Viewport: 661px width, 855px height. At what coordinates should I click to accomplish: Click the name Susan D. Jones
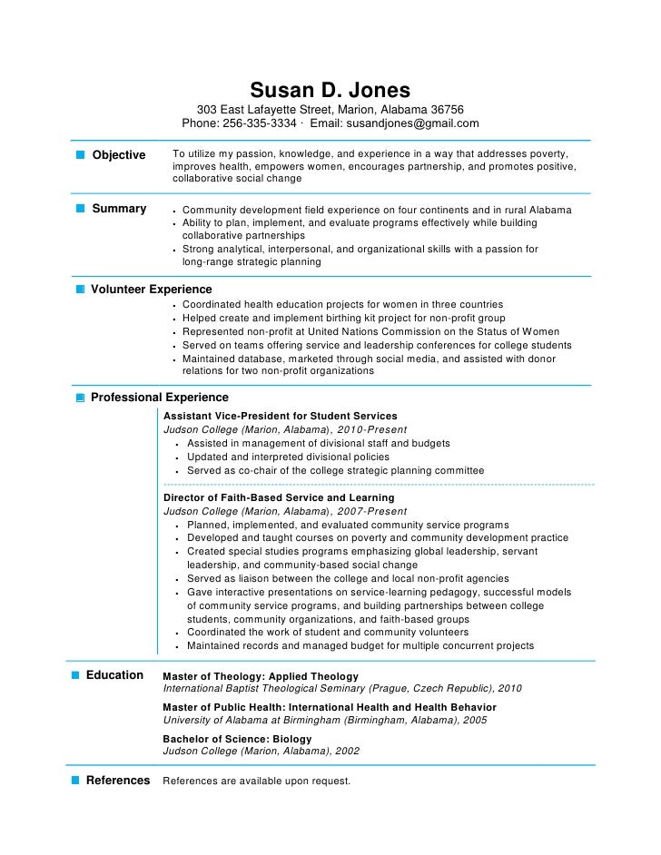coord(330,91)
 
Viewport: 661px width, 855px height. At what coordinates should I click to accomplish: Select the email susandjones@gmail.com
coord(410,123)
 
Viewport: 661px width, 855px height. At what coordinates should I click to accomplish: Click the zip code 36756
coord(447,109)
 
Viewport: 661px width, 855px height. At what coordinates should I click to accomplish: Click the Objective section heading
coord(119,155)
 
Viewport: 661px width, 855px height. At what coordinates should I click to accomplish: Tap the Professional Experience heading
coord(159,398)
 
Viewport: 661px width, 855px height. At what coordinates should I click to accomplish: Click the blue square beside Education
coord(75,675)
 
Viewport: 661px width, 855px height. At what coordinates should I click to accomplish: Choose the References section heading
coord(118,781)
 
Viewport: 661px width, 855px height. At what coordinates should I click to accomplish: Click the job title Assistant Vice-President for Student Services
coord(280,416)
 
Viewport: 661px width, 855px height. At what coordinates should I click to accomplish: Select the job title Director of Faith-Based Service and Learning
coord(278,497)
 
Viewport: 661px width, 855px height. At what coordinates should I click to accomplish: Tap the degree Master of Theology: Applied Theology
coord(261,676)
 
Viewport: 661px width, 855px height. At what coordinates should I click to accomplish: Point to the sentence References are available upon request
coord(256,781)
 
